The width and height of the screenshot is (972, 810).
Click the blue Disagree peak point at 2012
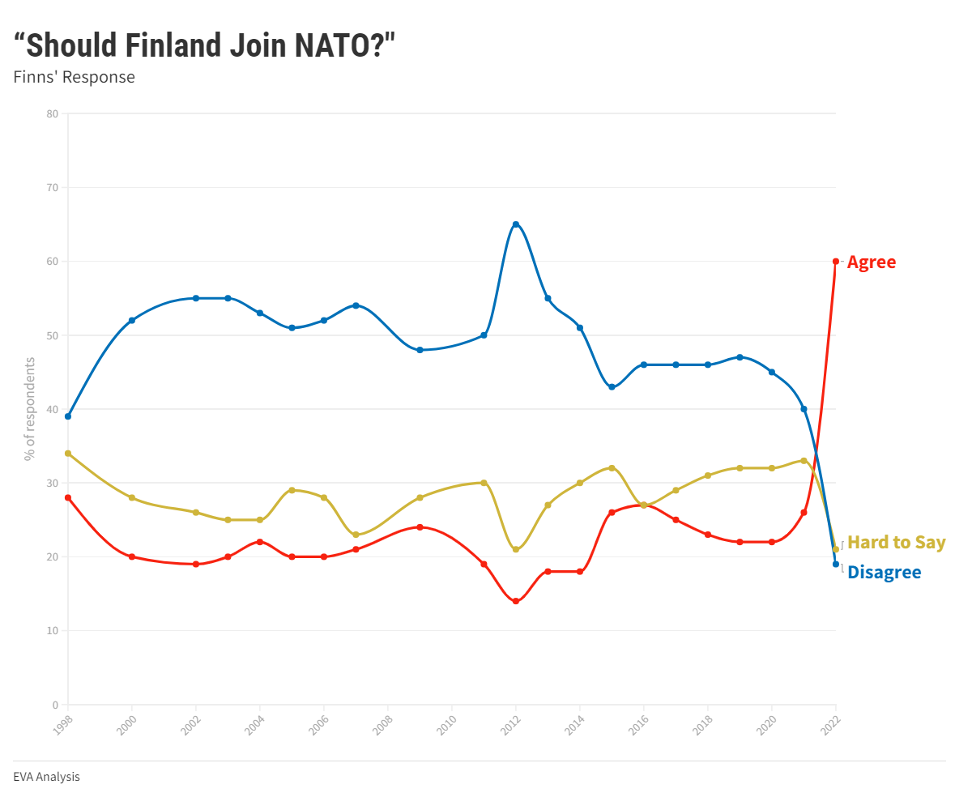coord(515,224)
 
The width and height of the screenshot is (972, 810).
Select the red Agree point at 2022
coord(836,261)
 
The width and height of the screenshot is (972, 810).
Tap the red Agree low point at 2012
coord(515,601)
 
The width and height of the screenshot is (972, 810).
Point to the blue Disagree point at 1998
coord(68,416)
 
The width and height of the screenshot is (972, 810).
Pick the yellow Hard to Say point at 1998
coord(68,454)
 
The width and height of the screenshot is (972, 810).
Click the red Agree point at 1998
coord(68,497)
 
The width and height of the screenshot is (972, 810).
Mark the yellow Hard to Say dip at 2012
coord(515,549)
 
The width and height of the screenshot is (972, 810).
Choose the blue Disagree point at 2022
coord(836,564)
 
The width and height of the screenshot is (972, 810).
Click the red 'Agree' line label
coord(872,262)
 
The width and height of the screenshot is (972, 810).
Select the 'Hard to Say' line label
coord(896,543)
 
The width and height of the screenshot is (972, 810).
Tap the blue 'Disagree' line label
coord(884,573)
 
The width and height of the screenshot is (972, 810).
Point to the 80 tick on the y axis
coord(53,113)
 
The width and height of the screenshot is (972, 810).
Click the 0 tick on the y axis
coord(55,705)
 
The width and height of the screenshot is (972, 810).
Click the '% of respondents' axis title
coord(30,409)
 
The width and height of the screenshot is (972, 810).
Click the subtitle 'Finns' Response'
coord(74,78)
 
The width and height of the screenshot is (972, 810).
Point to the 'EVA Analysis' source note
coord(46,777)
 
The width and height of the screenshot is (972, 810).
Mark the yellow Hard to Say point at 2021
coord(804,460)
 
